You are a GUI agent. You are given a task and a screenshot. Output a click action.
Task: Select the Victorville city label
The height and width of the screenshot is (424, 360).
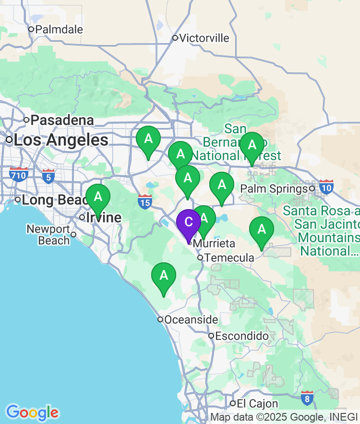coord(204,38)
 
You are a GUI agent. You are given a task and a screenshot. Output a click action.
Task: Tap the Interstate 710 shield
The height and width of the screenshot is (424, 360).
coord(18,174)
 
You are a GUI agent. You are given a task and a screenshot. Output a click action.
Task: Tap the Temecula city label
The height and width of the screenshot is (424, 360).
coord(228,258)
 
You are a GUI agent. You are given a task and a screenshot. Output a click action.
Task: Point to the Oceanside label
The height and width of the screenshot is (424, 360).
coord(191,319)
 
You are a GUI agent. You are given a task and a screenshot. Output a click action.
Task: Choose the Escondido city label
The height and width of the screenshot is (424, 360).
coord(241,336)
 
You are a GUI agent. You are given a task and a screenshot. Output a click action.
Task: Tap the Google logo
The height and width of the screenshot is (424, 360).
coord(32,412)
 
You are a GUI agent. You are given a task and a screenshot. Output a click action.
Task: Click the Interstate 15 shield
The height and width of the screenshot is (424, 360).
coord(144,201)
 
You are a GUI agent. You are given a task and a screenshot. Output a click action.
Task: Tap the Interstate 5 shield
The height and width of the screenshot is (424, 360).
coord(48,176)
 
